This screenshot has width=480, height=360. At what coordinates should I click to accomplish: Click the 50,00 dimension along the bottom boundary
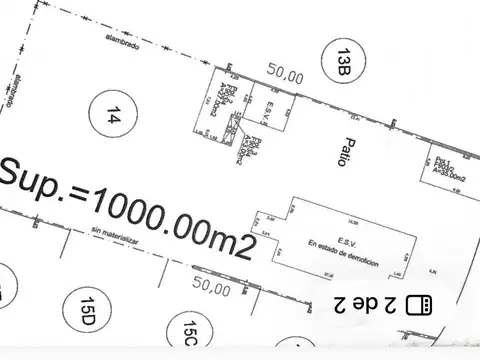[211, 288]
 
